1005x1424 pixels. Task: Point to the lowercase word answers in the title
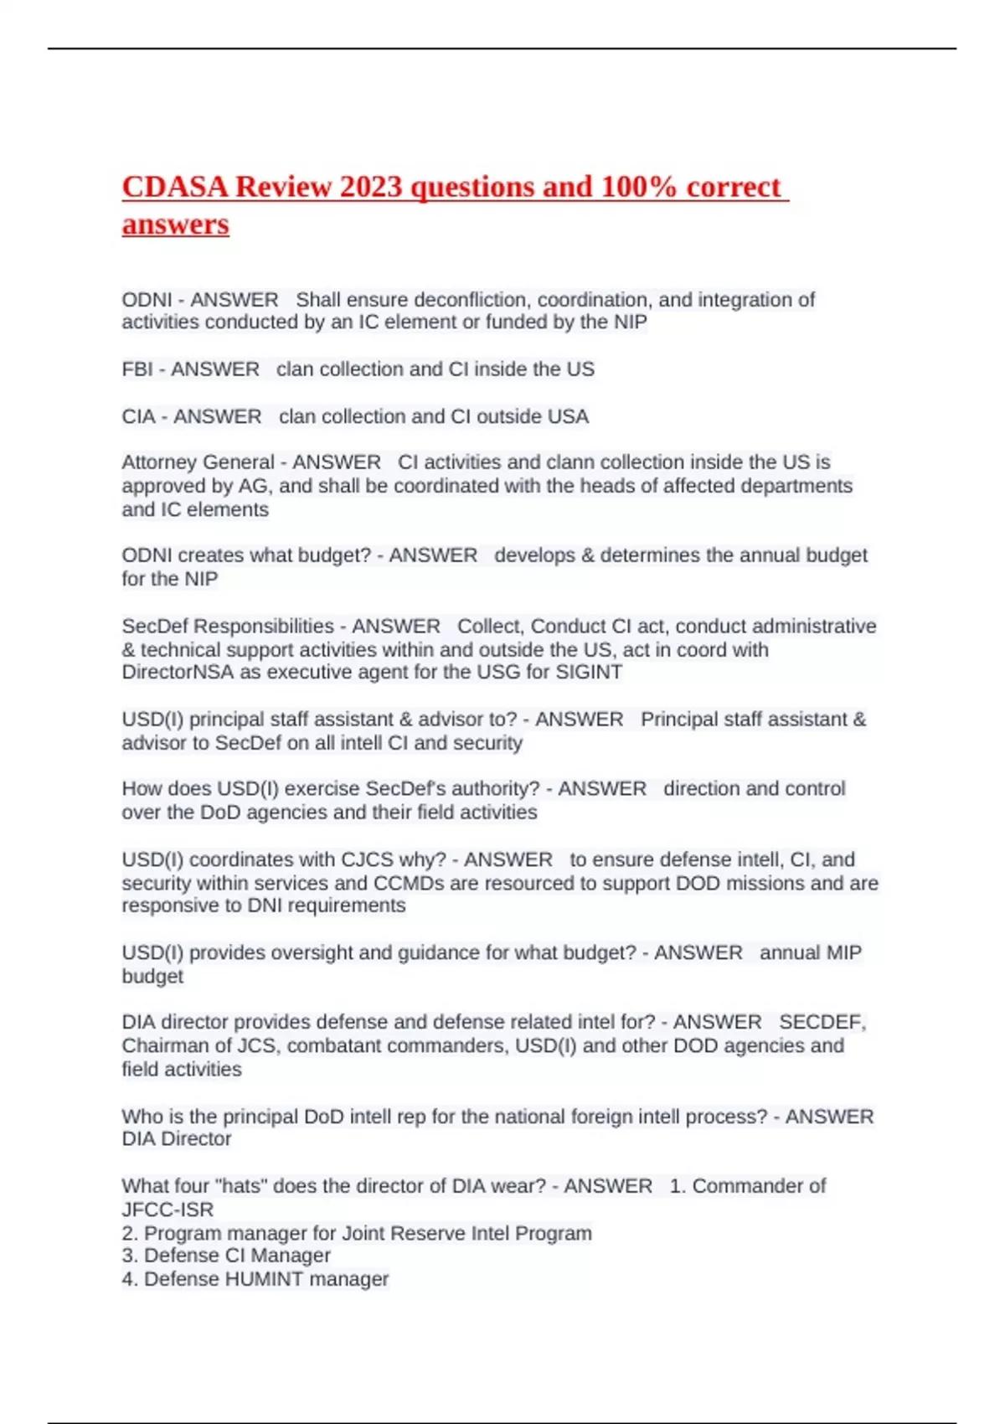point(175,224)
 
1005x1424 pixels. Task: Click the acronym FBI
point(137,369)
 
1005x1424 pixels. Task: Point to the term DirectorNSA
point(178,672)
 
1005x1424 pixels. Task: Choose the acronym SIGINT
point(590,672)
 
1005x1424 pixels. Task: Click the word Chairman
point(160,1045)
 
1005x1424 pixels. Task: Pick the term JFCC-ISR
point(167,1210)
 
